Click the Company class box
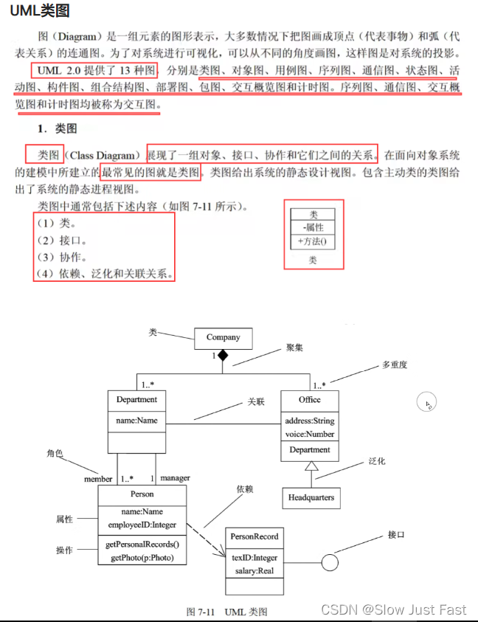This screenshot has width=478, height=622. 223,338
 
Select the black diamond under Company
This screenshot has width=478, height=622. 223,356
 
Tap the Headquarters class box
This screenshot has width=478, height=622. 311,497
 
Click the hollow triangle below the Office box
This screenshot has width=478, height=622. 311,466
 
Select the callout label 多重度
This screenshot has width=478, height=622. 395,364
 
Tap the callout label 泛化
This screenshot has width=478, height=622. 376,461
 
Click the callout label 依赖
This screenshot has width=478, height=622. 246,489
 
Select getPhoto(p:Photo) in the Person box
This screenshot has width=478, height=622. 141,558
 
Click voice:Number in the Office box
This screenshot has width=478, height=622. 310,434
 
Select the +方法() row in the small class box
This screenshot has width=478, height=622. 313,241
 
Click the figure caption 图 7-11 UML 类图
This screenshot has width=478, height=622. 227,612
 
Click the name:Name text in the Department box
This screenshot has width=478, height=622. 136,421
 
